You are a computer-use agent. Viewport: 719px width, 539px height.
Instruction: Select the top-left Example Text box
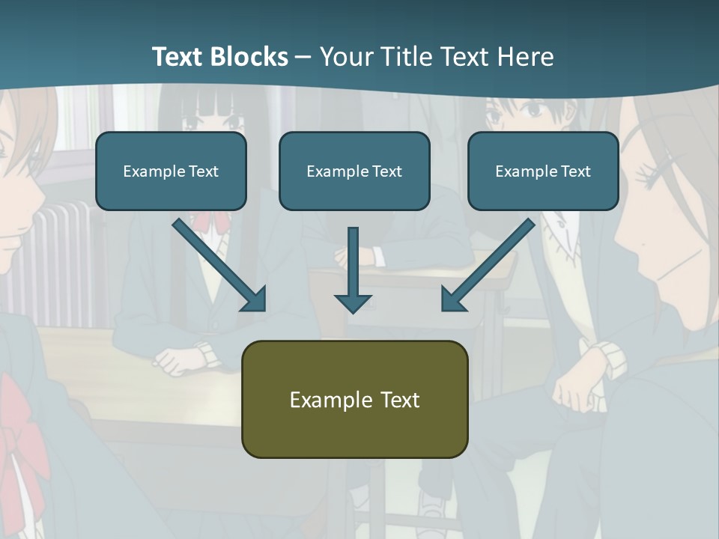pos(171,171)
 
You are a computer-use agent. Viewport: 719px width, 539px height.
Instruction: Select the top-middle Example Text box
pos(354,171)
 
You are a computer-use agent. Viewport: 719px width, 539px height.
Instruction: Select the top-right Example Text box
pos(543,171)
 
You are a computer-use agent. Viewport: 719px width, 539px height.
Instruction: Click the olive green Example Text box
pos(354,399)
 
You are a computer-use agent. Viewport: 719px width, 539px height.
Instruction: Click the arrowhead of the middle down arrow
pos(353,302)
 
